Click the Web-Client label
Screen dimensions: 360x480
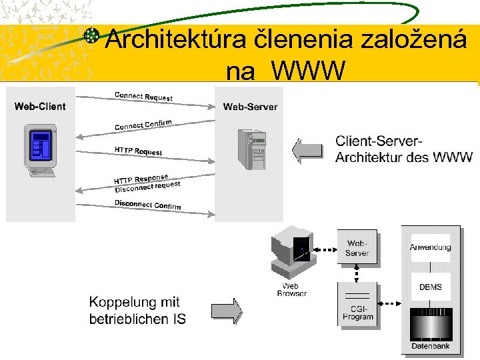[x=40, y=107]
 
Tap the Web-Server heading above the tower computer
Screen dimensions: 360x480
[x=250, y=107]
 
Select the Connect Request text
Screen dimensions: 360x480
[x=143, y=97]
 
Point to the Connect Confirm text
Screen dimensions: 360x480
[x=143, y=125]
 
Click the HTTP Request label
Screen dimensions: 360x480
[x=138, y=151]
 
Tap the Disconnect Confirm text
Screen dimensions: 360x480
[x=147, y=205]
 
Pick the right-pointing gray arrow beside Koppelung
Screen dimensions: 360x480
[x=227, y=311]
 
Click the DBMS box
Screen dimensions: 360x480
[x=430, y=287]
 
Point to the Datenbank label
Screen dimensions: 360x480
[x=430, y=345]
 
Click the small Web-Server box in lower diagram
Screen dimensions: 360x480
[x=357, y=248]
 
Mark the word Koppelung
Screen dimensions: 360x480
[x=134, y=303]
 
